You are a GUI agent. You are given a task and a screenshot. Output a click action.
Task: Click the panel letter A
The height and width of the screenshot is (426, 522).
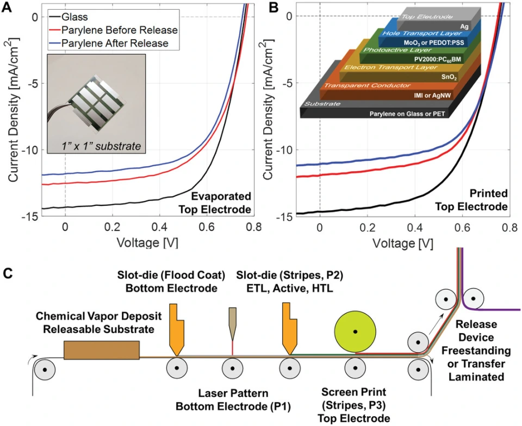7,8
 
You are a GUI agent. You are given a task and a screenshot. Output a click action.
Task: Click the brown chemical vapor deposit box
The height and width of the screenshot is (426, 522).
101,350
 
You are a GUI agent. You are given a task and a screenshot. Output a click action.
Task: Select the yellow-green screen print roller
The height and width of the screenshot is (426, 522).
355,331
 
